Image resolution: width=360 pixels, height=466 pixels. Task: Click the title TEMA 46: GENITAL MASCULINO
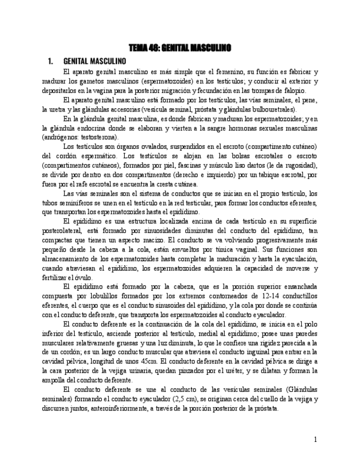click(x=180, y=47)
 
